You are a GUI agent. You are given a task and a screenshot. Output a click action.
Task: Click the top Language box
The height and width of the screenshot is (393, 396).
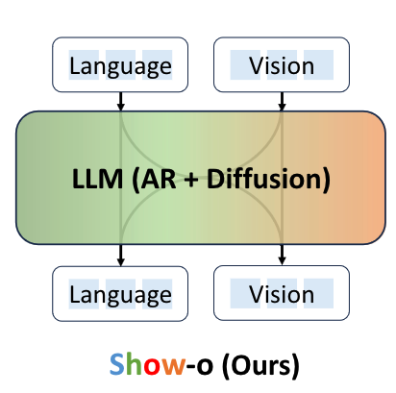[x=120, y=64]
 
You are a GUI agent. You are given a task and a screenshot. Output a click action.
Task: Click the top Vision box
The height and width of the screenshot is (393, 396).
[x=282, y=64]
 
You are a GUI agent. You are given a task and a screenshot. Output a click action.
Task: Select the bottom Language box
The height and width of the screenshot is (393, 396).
[x=120, y=293]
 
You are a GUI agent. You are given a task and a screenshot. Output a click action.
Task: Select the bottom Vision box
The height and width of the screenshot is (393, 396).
[x=282, y=293]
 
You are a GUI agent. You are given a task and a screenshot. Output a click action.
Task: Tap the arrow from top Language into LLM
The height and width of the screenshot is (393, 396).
[x=120, y=101]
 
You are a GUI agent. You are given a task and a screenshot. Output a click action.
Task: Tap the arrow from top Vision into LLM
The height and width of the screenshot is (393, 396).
[x=282, y=101]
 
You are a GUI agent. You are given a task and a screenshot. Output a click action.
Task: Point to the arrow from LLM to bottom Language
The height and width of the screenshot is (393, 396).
[x=120, y=256]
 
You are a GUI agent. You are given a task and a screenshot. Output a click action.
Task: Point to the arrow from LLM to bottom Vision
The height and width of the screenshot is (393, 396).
[x=282, y=255]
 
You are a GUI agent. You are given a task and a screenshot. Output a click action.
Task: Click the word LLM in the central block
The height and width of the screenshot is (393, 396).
[x=97, y=179]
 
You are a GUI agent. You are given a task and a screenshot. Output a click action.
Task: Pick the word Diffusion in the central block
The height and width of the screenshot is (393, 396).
[x=268, y=180]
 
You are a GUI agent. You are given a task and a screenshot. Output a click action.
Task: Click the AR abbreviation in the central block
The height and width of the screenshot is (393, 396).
[x=158, y=179]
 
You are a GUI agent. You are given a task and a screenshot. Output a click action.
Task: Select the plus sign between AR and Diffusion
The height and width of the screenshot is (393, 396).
[x=191, y=180]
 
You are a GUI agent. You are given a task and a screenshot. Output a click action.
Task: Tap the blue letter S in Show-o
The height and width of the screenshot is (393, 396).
[x=116, y=364]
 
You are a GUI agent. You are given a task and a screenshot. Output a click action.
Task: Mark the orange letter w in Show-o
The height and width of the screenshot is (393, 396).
[x=173, y=367]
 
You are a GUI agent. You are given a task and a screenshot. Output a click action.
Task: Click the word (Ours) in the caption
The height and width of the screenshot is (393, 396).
[x=260, y=366]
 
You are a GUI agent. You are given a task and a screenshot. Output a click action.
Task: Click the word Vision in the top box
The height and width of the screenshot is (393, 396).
[x=282, y=66]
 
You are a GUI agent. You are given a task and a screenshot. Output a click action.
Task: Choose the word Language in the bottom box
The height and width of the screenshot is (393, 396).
[x=121, y=296]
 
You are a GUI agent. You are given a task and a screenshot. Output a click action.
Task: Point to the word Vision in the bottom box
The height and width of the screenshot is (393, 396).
[x=282, y=295]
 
